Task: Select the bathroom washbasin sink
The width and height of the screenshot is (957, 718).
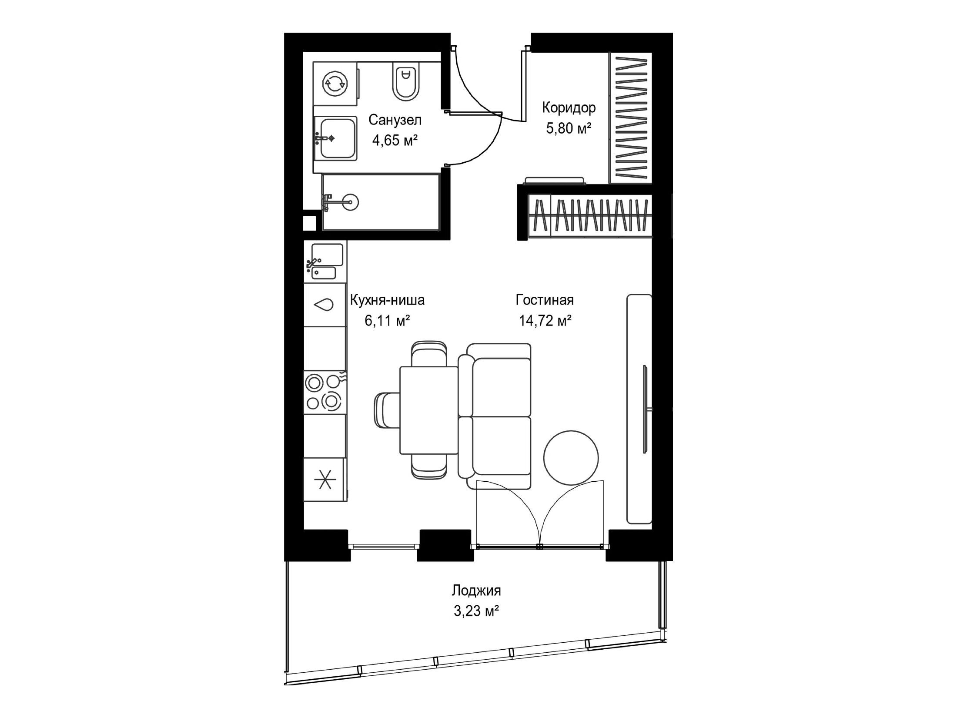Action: coord(335,138)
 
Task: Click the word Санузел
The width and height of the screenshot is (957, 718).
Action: coord(395,120)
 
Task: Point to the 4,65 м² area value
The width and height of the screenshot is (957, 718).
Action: coord(395,140)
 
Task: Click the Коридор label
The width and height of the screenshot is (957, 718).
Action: coord(569,108)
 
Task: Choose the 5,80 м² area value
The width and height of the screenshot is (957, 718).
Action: coord(569,128)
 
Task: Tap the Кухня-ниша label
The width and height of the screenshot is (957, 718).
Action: coord(387,300)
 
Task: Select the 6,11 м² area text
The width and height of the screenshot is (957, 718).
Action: coord(387,321)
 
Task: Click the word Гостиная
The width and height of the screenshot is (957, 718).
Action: coord(545,300)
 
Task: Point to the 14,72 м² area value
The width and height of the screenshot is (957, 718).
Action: coord(545,321)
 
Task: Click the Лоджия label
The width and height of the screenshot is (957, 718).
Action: coord(476,591)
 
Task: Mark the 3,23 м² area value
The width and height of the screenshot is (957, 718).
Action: coord(476,611)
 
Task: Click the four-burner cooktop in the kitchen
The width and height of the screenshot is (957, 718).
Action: coord(325,392)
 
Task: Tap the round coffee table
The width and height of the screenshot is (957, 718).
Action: coord(571,457)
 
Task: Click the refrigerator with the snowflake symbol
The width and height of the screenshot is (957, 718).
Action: coord(325,480)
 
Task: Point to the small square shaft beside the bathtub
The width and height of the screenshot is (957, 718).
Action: coord(309,223)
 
